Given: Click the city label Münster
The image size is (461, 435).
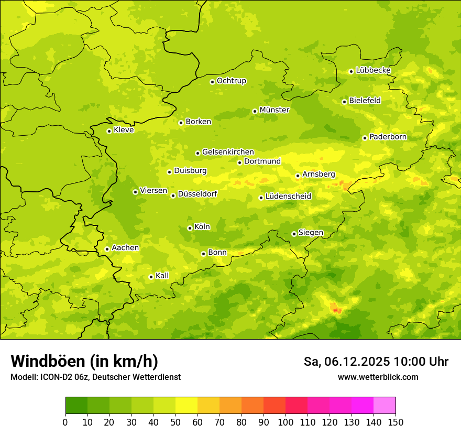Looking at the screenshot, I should point(275,110).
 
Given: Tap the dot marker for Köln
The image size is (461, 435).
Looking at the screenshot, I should point(190,228).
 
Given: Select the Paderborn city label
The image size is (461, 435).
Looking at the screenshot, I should point(388,137).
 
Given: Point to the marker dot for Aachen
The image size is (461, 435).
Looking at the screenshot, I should point(107,249).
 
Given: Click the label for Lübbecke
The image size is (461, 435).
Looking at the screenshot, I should point(374,70).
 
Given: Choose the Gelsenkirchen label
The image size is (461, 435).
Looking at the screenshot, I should point(228,152).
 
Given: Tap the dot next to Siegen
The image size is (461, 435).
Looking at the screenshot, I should point(294,234).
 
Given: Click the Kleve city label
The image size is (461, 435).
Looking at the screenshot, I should point(124,130).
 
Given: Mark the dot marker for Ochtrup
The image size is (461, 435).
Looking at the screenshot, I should point(212,82).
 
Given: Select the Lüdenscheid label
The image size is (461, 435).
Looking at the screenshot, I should point(288,197).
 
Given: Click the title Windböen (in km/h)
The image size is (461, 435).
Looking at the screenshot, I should point(84,361).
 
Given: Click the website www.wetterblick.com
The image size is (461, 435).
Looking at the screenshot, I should point(378,377).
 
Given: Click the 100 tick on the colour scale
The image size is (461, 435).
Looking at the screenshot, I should point(286,422).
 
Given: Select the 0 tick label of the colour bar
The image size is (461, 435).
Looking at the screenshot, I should point(65,422).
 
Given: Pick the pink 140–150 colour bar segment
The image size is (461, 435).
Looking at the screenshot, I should point(385,406).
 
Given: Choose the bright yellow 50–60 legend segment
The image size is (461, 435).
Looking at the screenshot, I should point(186,406).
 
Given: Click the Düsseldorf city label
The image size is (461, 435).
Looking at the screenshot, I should point(197,194).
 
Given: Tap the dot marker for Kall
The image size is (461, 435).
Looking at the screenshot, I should point(151,277).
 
